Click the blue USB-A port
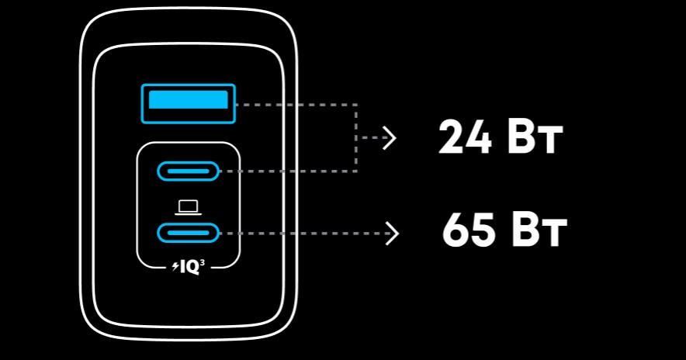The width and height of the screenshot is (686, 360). point(188,104)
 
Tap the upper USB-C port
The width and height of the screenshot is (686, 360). point(188,171)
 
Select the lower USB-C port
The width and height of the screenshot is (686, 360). point(188,233)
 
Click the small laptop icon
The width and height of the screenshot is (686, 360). point(188,208)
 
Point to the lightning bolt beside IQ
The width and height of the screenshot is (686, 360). point(176,266)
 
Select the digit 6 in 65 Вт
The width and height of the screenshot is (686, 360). point(455,231)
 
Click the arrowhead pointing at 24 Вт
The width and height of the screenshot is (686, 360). point(390,138)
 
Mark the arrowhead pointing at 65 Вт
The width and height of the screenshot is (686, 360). point(393,234)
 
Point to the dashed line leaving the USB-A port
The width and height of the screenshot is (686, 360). point(296,105)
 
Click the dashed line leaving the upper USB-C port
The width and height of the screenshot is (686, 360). point(288,171)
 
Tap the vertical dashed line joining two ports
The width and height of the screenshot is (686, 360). point(356,138)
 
